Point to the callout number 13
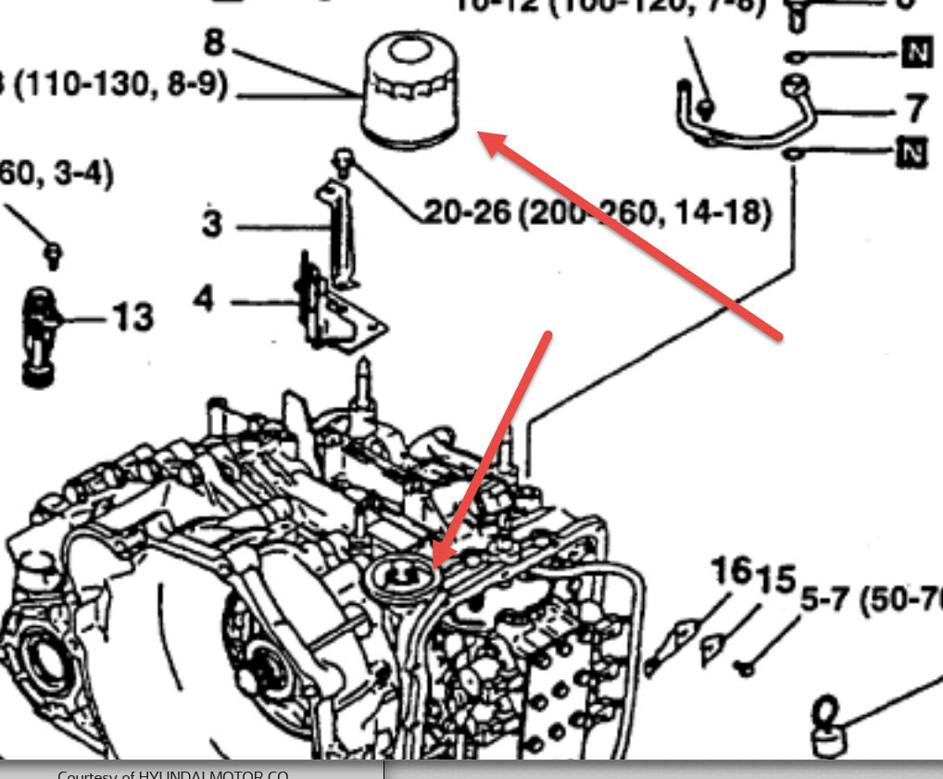[x=132, y=319]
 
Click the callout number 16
[x=730, y=572]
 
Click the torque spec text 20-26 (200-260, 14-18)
[x=597, y=212]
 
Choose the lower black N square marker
[x=912, y=153]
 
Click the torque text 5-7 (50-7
[x=871, y=603]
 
